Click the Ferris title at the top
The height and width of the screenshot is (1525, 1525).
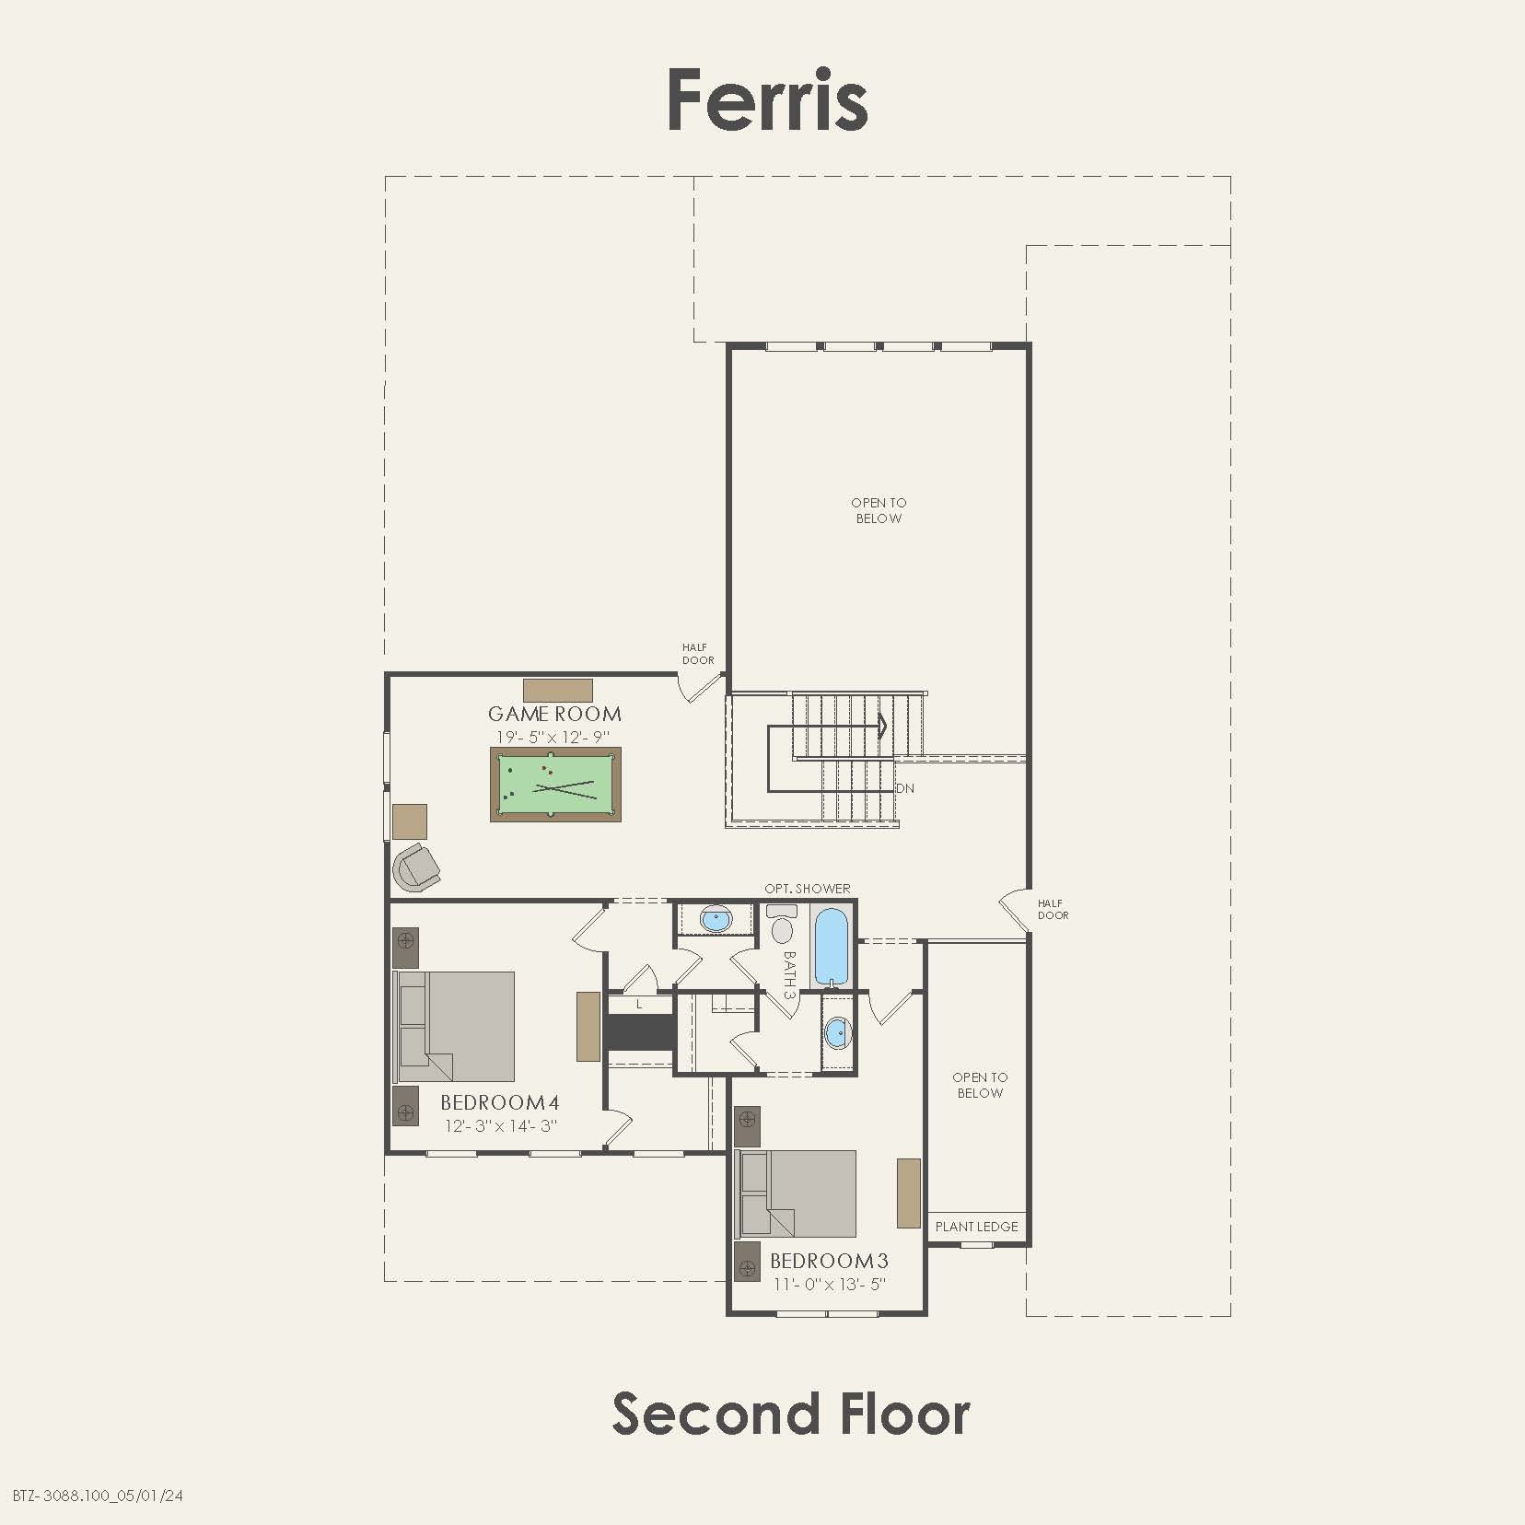point(767,100)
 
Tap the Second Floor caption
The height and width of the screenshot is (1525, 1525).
point(790,1414)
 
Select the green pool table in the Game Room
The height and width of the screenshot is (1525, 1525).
point(555,785)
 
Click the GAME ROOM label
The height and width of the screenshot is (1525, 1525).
point(554,714)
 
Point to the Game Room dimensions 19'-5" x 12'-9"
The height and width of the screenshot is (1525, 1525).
point(553,737)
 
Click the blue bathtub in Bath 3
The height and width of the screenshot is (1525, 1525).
point(831,947)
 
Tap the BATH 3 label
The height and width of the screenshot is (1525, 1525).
point(788,974)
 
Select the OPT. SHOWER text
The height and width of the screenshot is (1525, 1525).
point(808,889)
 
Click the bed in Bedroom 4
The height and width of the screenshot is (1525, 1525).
point(456,1026)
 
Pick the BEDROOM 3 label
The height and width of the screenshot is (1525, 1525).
point(829,1261)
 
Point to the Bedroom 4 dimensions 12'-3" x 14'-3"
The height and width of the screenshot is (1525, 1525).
point(500,1125)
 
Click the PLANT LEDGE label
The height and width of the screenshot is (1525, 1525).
point(977,1227)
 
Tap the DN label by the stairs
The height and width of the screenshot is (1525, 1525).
point(905,789)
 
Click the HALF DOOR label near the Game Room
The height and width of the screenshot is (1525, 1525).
point(698,654)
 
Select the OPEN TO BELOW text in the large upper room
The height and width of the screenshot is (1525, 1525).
point(879,510)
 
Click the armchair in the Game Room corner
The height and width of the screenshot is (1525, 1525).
point(416,866)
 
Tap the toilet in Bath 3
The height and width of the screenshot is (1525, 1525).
point(783,925)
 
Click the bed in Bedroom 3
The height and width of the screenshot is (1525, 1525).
point(798,1193)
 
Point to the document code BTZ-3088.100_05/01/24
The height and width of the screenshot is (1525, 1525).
point(99,1496)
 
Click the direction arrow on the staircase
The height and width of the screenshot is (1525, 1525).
point(882,727)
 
